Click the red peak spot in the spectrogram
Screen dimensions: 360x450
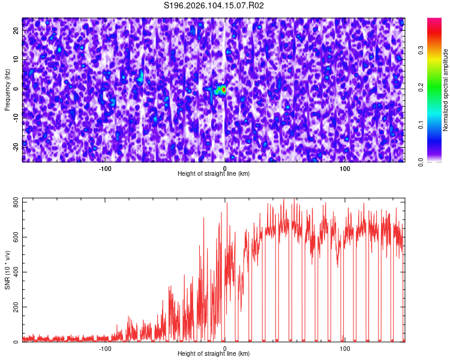pyautogui.click(x=223, y=89)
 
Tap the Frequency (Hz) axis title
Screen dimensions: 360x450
pyautogui.click(x=7, y=90)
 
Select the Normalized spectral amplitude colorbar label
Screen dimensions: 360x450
pyautogui.click(x=446, y=90)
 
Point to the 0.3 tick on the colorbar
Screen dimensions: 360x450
pyautogui.click(x=421, y=51)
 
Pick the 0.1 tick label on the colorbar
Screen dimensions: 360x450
pyautogui.click(x=421, y=125)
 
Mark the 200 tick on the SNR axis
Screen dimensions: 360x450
pyautogui.click(x=14, y=307)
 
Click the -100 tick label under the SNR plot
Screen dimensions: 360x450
pyautogui.click(x=105, y=348)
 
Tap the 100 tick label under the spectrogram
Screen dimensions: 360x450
pyautogui.click(x=344, y=168)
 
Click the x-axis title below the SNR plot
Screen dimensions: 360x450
pyautogui.click(x=214, y=354)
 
